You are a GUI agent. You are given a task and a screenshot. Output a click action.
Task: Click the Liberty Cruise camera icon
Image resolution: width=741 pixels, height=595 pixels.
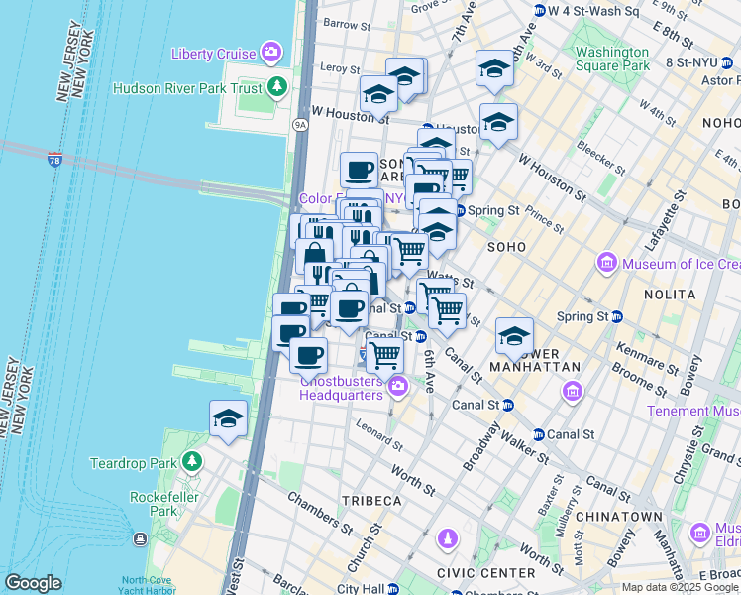pyautogui.click(x=270, y=53)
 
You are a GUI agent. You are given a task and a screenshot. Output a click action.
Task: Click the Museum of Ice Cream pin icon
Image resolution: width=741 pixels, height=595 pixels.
pyautogui.click(x=606, y=264)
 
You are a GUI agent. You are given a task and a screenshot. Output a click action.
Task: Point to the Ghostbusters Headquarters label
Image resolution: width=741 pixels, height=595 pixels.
pyautogui.click(x=342, y=388)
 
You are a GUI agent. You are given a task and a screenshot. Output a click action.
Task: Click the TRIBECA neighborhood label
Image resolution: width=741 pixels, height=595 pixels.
pyautogui.click(x=371, y=501)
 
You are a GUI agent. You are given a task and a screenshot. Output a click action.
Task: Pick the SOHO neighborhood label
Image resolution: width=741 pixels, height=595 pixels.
pyautogui.click(x=505, y=245)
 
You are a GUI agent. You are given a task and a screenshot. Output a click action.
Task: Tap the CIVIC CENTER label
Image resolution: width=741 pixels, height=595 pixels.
pyautogui.click(x=489, y=572)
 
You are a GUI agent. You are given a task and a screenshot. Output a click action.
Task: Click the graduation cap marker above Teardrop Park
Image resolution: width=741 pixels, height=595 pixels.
pyautogui.click(x=229, y=418)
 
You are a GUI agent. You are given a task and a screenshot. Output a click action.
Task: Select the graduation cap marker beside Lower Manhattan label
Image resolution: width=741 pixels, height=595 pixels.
pyautogui.click(x=514, y=336)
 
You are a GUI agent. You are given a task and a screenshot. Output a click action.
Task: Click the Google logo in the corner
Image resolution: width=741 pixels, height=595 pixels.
pyautogui.click(x=33, y=583)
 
